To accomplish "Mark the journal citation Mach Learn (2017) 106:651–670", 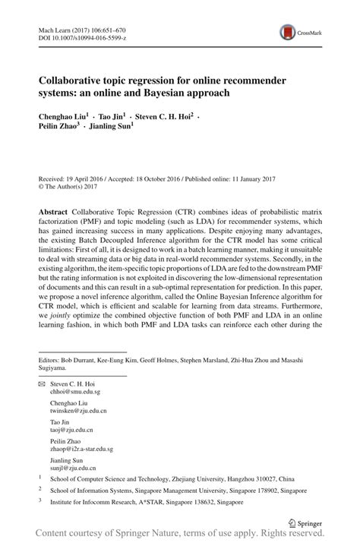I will click(83, 26).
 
